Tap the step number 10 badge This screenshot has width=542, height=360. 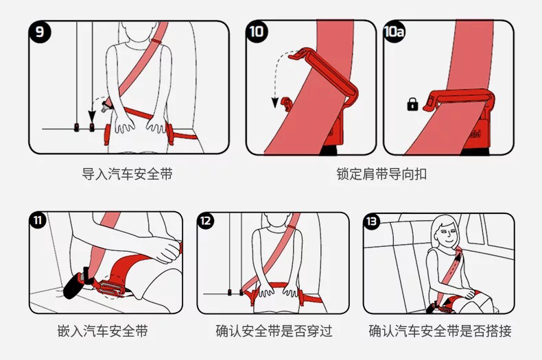point(257,32)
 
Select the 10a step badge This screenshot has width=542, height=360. point(394,32)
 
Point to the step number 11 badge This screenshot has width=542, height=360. point(38,221)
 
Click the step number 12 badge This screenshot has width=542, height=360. point(207,221)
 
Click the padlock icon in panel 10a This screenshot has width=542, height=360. point(412,104)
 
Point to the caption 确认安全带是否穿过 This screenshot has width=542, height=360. point(274,332)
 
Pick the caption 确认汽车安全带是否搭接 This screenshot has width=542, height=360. point(440,332)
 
